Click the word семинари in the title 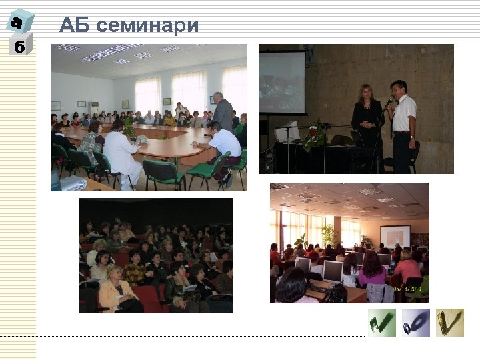pyautogui.click(x=147, y=25)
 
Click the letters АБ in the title pyautogui.click(x=75, y=25)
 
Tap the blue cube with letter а pyautogui.click(x=19, y=21)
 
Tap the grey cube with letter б pyautogui.click(x=20, y=45)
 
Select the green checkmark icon pyautogui.click(x=382, y=322)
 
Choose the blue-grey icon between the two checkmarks pyautogui.click(x=416, y=322)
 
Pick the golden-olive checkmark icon pyautogui.click(x=450, y=322)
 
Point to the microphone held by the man pyautogui.click(x=389, y=104)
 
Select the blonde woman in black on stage pyautogui.click(x=367, y=120)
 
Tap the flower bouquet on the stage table pyautogui.click(x=315, y=134)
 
